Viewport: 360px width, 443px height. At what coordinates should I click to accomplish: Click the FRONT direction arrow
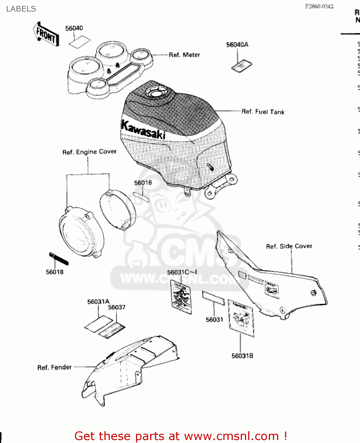tap(46, 34)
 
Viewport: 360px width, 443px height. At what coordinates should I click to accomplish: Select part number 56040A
tap(237, 45)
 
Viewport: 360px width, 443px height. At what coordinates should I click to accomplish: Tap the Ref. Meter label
tap(184, 55)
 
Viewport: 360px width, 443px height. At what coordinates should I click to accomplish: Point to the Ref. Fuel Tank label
tap(263, 112)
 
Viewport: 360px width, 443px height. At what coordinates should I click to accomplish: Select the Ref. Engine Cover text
tap(89, 152)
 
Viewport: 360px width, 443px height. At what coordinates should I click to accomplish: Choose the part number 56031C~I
tap(182, 272)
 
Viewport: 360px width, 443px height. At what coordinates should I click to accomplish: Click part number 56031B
tap(242, 356)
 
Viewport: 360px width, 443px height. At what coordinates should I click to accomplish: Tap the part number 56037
tap(117, 307)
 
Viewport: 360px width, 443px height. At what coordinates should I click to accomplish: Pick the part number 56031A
tap(98, 302)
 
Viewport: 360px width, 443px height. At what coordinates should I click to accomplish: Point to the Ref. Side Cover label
tap(289, 246)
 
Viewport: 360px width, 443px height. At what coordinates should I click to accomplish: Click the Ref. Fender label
tap(55, 367)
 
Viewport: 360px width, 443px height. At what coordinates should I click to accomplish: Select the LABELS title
tap(21, 9)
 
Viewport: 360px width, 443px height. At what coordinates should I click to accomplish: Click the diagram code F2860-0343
tap(319, 6)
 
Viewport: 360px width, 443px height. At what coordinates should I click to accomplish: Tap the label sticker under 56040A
tap(242, 66)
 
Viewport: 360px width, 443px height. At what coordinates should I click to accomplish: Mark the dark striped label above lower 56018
tap(59, 258)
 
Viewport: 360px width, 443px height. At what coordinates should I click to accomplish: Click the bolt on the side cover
tap(313, 293)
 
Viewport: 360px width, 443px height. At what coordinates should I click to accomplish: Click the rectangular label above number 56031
tap(213, 298)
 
